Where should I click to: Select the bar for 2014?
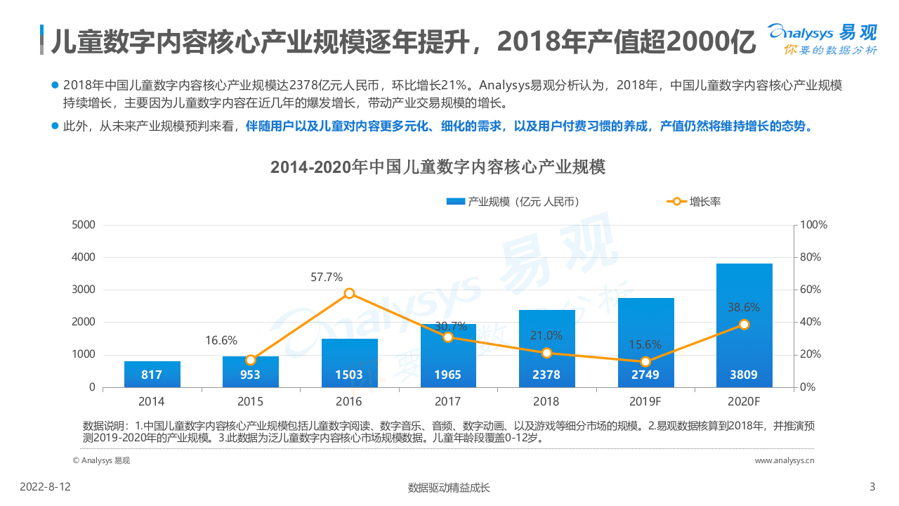coord(152,374)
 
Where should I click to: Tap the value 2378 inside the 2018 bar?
coord(546,375)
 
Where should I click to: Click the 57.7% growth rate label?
coord(327,277)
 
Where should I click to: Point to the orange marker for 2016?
coord(349,293)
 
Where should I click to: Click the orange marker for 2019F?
coord(645,362)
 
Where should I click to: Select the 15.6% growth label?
coord(645,344)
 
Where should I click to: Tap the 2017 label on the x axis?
coord(447,401)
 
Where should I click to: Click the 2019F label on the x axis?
coord(645,401)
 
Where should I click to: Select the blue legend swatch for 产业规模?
coord(455,202)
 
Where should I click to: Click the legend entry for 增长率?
coord(704,202)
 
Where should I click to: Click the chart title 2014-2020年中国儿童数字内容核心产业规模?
coord(438,167)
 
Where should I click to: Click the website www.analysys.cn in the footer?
coord(785,460)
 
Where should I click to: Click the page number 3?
coord(872,487)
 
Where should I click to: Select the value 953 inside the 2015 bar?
coord(250,375)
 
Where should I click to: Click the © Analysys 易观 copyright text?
coord(102,460)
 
